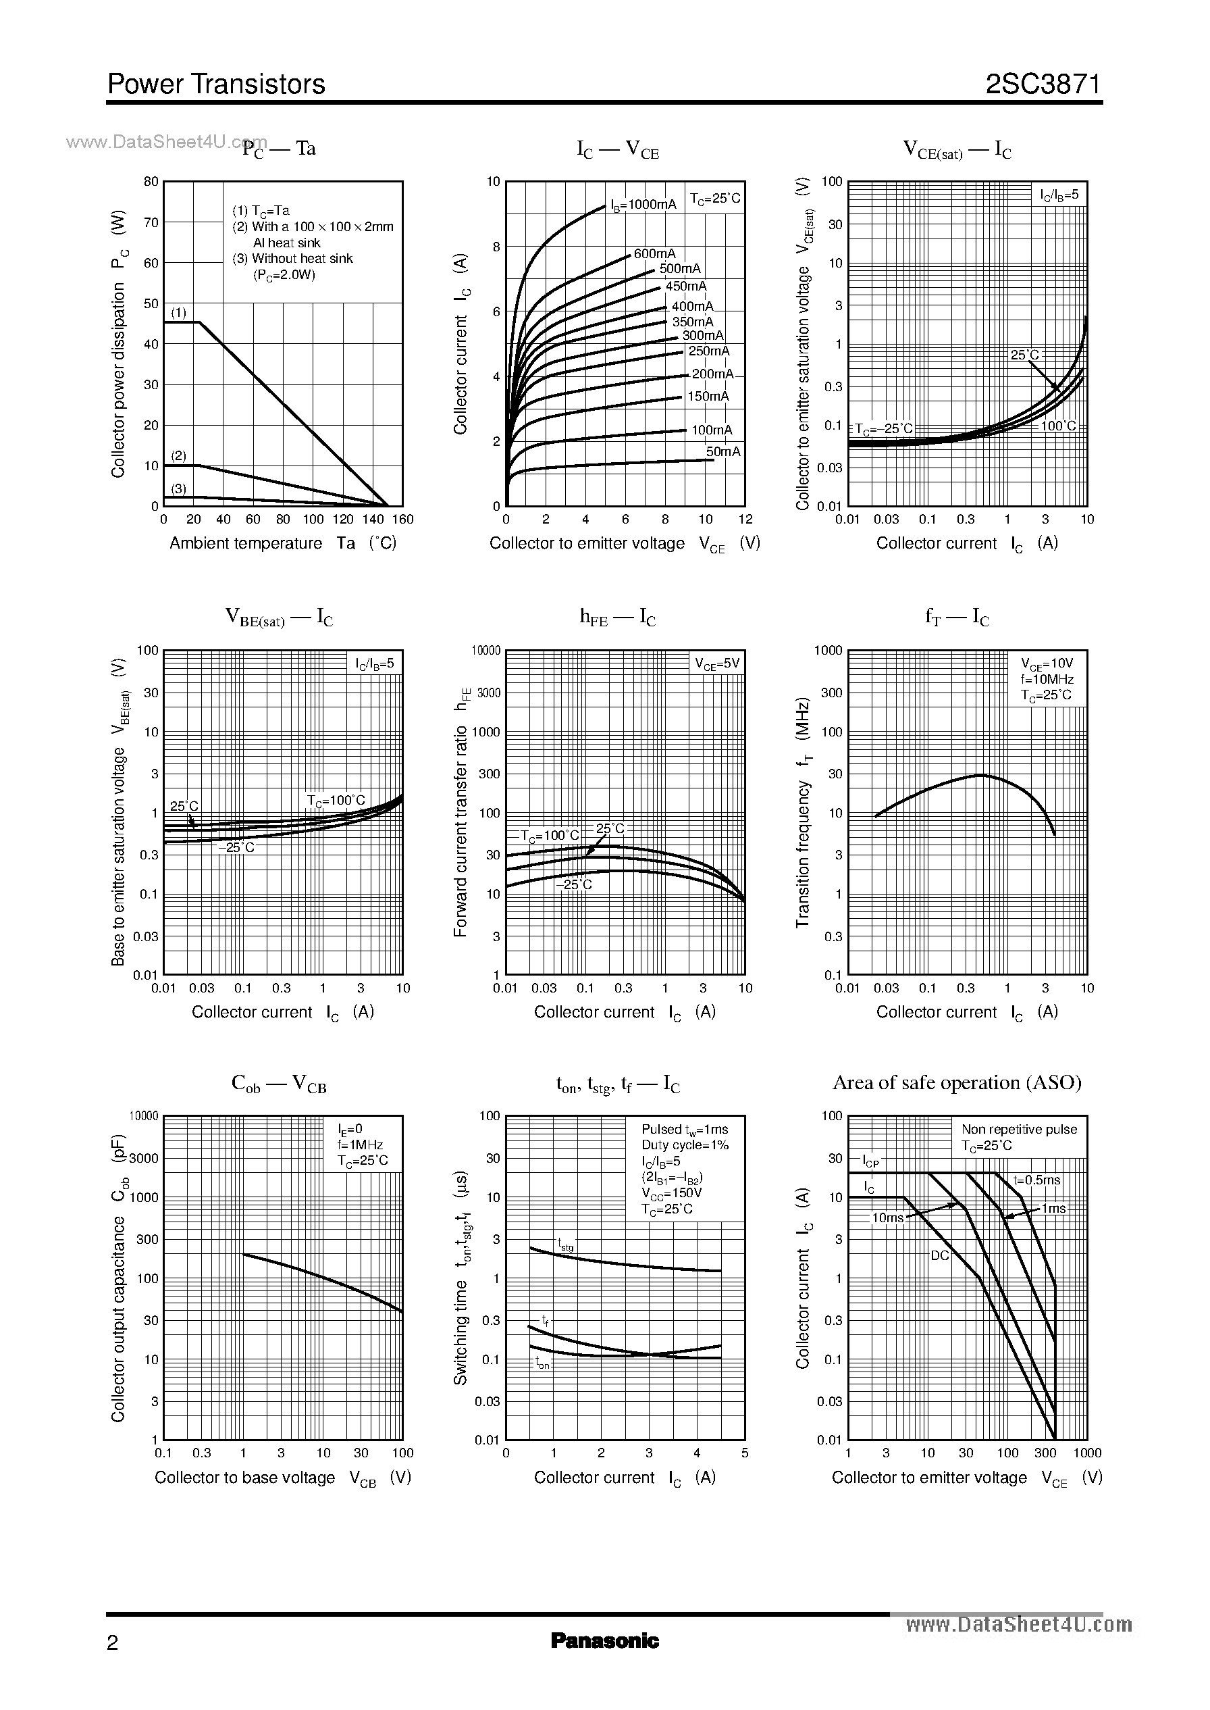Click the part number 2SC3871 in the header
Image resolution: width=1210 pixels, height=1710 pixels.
[1043, 84]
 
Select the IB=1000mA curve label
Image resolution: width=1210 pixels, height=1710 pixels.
[643, 204]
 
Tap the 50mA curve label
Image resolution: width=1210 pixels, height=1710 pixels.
[722, 452]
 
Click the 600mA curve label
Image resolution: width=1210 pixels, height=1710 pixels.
[655, 254]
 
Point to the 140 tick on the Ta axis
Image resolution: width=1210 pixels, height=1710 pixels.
[373, 520]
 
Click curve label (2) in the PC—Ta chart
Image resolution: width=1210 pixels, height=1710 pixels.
[179, 455]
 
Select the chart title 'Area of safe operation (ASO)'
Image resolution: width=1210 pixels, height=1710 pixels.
[957, 1082]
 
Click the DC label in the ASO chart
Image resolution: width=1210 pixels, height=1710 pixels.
[939, 1255]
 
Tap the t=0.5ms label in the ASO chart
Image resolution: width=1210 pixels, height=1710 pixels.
[1036, 1181]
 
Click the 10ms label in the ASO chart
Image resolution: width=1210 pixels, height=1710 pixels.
[887, 1218]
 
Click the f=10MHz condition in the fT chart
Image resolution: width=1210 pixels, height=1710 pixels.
[1047, 679]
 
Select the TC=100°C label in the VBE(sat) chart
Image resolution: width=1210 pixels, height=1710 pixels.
[336, 801]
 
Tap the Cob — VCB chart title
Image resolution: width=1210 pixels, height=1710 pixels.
[279, 1084]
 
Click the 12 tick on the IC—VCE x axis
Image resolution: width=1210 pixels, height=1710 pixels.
[745, 520]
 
